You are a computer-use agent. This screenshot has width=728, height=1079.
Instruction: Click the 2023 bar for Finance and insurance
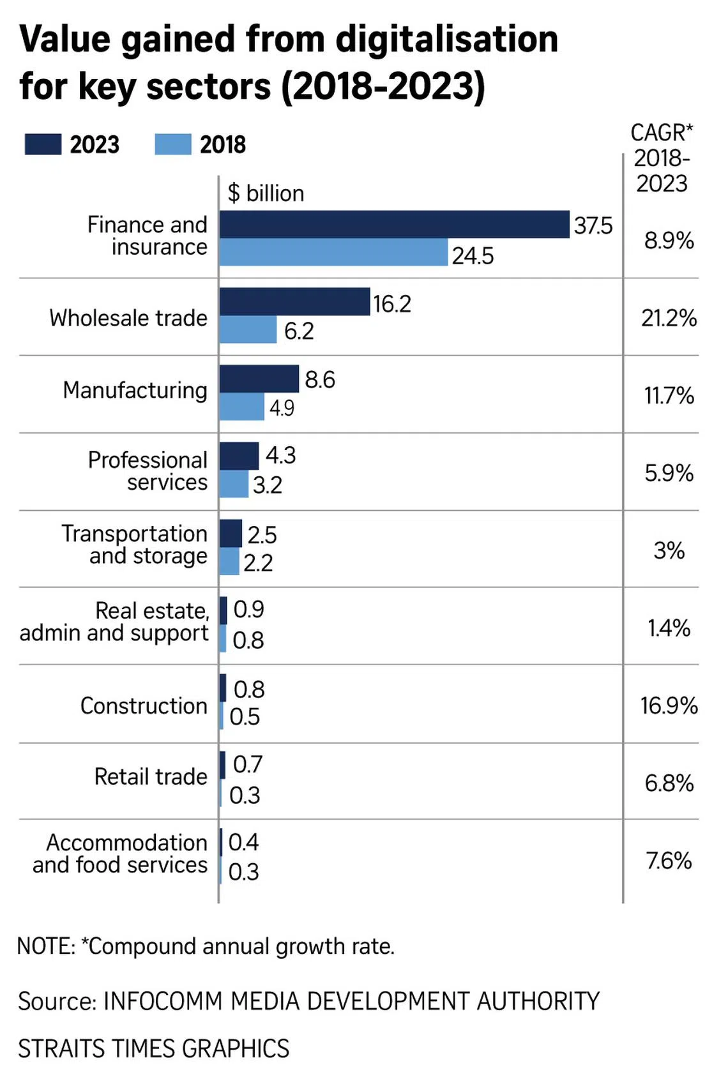point(394,224)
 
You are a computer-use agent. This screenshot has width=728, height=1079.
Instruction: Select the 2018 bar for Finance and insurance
point(333,252)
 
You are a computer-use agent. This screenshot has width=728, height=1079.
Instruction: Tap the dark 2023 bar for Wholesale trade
point(294,301)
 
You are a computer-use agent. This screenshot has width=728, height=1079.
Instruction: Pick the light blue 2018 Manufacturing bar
point(242,407)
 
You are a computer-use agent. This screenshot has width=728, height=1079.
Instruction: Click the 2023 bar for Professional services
point(239,456)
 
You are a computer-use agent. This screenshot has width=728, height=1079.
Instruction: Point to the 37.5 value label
point(593,225)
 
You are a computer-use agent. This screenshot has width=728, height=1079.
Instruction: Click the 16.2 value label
point(392,304)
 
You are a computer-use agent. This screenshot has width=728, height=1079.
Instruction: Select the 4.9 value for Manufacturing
point(282,408)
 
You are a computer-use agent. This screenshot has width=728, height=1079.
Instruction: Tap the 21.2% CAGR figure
point(669,318)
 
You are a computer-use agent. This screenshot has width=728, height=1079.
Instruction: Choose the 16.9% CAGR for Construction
point(669,705)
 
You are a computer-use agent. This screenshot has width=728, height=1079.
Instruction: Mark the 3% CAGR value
point(669,550)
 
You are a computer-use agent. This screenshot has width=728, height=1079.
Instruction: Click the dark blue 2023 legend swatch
point(43,144)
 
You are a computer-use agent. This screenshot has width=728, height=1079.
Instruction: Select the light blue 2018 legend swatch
point(173,144)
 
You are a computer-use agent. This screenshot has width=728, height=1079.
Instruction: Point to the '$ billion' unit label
point(266,193)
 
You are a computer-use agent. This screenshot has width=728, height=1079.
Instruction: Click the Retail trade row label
point(151,776)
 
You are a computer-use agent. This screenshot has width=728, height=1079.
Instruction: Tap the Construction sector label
point(144,705)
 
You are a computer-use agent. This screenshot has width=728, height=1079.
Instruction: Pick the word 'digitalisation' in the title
point(447,39)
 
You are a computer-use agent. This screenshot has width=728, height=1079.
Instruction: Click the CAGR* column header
point(662,133)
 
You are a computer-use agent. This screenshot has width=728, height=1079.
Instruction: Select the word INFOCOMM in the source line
point(162,1001)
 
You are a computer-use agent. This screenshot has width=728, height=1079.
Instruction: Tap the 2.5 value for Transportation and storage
point(262,535)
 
